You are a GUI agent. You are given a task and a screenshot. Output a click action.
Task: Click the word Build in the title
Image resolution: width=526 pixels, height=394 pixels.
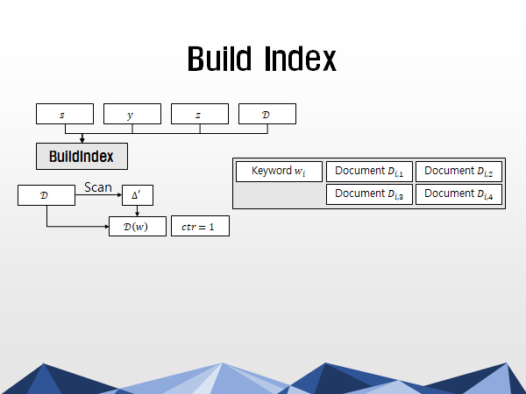click(x=219, y=59)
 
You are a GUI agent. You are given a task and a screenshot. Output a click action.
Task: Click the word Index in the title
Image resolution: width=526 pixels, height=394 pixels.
click(x=300, y=59)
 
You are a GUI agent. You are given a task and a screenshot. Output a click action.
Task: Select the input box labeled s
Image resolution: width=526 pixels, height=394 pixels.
click(x=65, y=114)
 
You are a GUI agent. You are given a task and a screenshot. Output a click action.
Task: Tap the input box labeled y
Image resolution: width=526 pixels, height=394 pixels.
click(x=132, y=114)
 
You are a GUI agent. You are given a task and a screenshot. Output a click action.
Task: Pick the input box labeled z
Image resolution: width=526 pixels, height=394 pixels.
click(x=200, y=114)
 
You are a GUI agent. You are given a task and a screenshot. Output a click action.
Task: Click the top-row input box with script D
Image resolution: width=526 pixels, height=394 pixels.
click(x=267, y=114)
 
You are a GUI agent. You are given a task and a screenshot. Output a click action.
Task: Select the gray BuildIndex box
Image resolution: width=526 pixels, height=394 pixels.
click(x=82, y=157)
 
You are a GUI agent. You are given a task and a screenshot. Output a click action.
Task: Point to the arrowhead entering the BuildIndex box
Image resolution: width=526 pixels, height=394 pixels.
click(x=82, y=139)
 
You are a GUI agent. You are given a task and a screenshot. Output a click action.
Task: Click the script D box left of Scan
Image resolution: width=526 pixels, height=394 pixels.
click(x=46, y=195)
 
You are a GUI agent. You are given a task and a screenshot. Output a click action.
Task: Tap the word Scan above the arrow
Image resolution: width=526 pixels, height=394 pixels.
click(x=98, y=187)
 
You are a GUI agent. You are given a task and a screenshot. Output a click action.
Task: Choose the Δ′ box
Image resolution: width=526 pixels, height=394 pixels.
click(x=138, y=195)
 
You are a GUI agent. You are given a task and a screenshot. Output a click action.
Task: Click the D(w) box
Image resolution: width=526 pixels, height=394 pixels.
click(x=138, y=226)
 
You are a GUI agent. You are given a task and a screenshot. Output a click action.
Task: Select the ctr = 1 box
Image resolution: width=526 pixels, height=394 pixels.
click(x=200, y=226)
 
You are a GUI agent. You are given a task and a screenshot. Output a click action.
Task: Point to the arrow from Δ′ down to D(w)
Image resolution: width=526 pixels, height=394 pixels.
click(x=137, y=211)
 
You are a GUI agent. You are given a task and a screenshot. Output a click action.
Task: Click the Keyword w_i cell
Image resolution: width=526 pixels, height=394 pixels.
click(x=279, y=172)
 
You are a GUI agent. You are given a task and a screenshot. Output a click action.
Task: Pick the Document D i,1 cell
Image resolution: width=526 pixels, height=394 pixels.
click(x=369, y=172)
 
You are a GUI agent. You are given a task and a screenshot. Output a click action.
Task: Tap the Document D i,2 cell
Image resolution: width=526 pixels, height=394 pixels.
click(x=458, y=172)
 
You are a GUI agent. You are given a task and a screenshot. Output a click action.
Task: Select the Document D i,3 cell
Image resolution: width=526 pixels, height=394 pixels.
click(x=369, y=194)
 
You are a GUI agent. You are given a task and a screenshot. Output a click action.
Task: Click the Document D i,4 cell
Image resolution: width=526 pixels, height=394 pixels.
click(x=458, y=194)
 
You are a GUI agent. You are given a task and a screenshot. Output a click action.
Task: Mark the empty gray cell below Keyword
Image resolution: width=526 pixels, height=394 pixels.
click(x=279, y=194)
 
